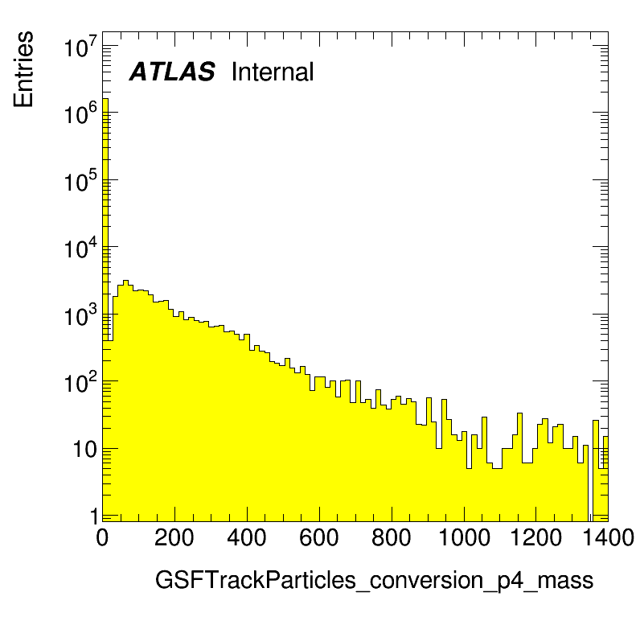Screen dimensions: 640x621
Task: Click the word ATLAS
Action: [x=172, y=72]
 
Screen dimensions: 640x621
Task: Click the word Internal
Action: [x=273, y=72]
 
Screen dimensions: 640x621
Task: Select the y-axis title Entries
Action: [x=23, y=69]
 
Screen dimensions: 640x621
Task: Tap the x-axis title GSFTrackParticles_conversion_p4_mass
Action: [x=374, y=581]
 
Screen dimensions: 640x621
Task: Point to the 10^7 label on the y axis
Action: [x=81, y=46]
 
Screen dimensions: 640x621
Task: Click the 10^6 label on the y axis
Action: [x=81, y=113]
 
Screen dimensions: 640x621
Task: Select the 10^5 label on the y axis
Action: [x=81, y=180]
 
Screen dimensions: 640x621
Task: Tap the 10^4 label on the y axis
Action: [x=81, y=248]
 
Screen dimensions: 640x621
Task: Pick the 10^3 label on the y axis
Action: [x=81, y=315]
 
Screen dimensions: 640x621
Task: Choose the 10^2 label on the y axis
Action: [x=81, y=382]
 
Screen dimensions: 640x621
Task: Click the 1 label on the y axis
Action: [x=94, y=516]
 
